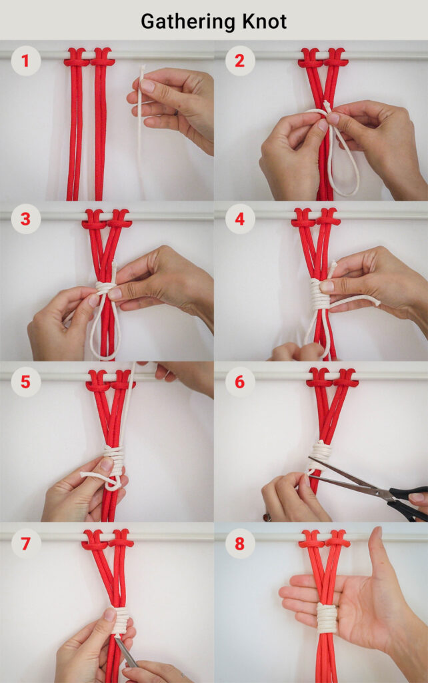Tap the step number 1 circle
[25, 61]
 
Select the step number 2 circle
[240, 61]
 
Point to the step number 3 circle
[25, 219]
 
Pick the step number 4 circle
[240, 219]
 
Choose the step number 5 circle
[25, 382]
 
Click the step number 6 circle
[240, 382]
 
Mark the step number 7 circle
[25, 543]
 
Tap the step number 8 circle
[240, 543]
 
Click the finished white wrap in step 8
[327, 618]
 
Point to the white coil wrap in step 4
[319, 294]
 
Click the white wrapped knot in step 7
[121, 620]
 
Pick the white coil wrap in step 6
[320, 451]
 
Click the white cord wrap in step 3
[105, 288]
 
